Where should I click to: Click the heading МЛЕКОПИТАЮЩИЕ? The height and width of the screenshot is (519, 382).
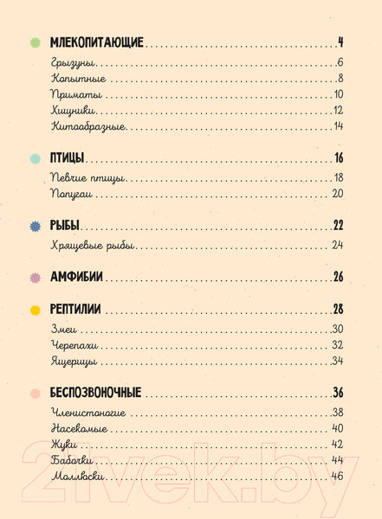click(97, 42)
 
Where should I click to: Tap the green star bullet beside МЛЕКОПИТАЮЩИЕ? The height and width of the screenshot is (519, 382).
click(36, 42)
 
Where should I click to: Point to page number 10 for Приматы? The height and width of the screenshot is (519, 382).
click(338, 94)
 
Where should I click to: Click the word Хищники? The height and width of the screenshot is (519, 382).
click(74, 111)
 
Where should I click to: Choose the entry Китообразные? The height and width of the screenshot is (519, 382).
click(88, 127)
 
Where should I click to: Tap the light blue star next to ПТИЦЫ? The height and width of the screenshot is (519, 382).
click(36, 158)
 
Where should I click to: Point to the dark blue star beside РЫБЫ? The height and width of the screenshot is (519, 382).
click(36, 226)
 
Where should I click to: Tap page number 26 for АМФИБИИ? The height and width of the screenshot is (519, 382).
click(339, 278)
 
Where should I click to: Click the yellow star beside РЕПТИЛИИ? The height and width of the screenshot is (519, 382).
click(36, 310)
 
